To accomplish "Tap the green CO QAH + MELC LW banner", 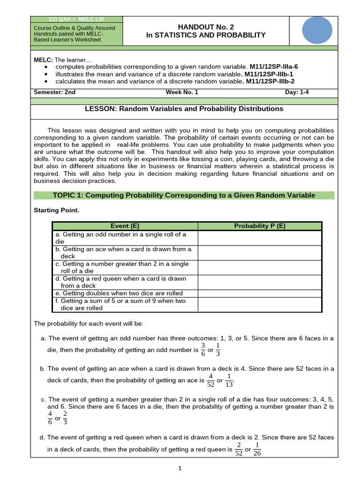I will coord(76,19).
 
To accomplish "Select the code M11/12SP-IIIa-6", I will coord(273,67).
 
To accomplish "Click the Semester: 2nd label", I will coord(54,92).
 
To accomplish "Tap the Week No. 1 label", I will coord(182,92).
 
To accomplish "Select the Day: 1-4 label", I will coord(297,92).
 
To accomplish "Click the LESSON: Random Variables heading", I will coord(184,109).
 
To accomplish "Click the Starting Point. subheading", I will coord(56,210).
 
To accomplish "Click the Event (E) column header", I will coord(125,226).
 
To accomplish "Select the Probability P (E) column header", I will coord(260,226).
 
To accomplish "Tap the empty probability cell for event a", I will coord(260,238).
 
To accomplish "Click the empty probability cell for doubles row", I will coord(260,293).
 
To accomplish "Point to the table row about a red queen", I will coord(125,282).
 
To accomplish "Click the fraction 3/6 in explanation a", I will coord(203,350).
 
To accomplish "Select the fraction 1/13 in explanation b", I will coord(229,380).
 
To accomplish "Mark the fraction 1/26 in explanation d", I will coord(257,449).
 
